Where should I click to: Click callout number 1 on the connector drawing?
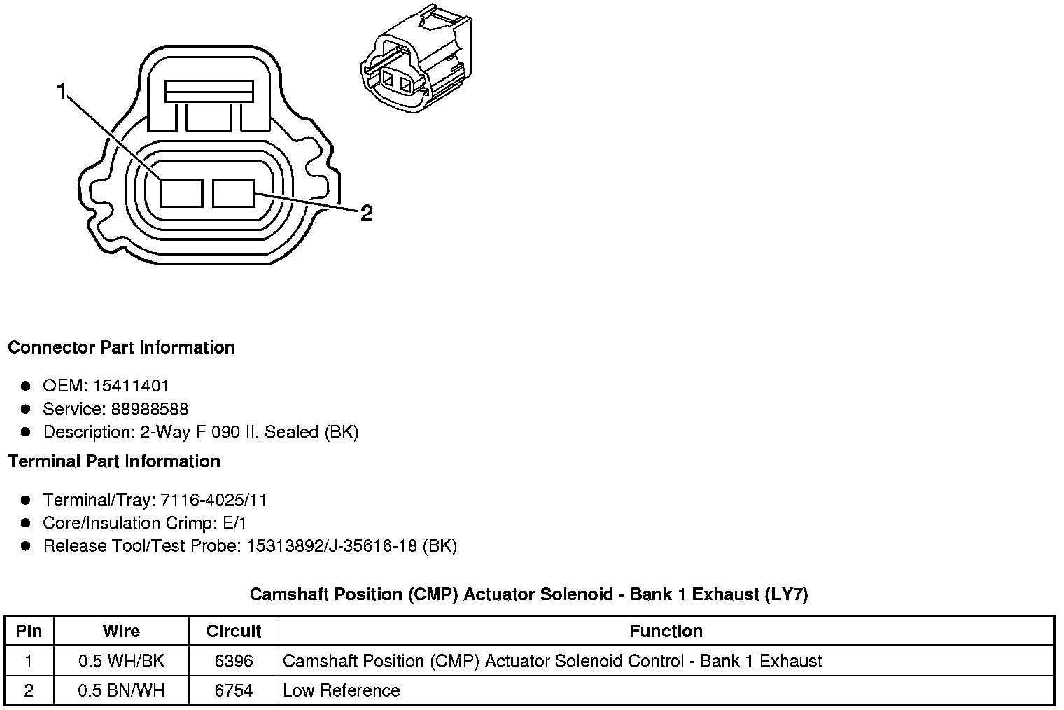pos(62,92)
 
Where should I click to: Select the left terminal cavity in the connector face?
pos(181,193)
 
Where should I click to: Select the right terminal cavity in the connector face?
pos(234,193)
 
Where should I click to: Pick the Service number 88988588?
pos(150,409)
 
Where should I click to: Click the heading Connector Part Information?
pos(121,348)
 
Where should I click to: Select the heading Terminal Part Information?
pos(114,461)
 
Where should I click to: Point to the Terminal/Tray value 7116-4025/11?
pos(213,500)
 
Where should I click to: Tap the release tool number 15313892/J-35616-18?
pos(332,546)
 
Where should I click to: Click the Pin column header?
pos(29,631)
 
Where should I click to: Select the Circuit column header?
pos(234,631)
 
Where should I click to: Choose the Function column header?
pos(666,631)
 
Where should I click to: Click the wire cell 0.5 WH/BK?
pos(121,661)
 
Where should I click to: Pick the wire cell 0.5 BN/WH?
pos(121,690)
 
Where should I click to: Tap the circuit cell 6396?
pos(234,661)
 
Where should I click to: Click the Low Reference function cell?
pos(341,690)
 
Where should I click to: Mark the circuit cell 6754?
pos(234,690)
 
